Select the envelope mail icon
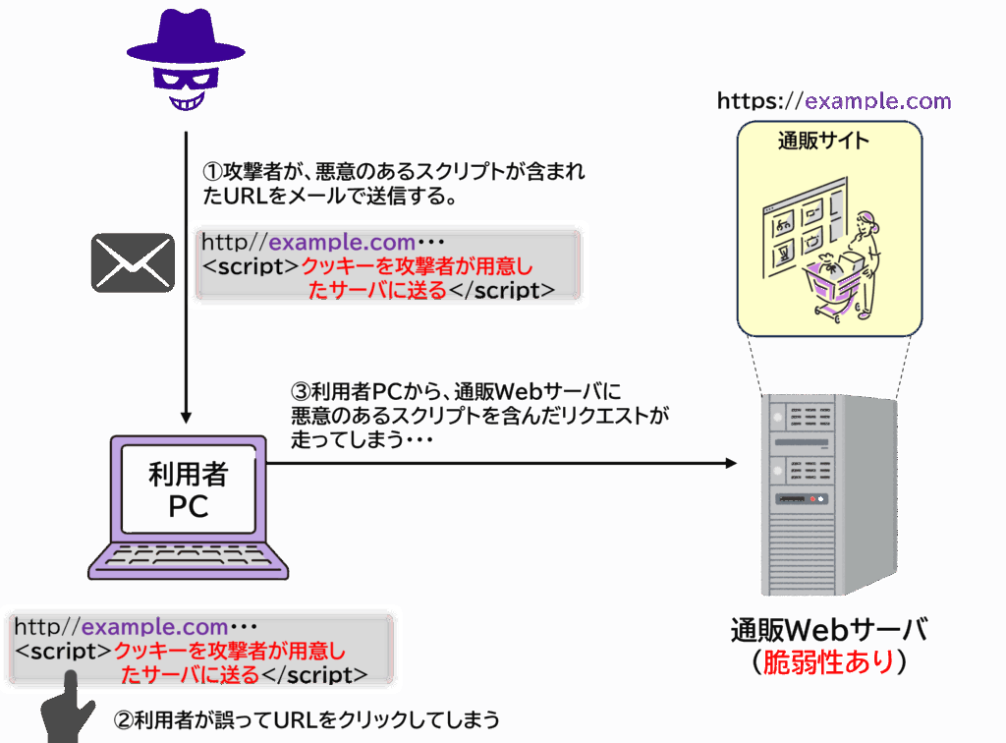pyautogui.click(x=133, y=262)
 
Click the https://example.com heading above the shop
pyautogui.click(x=834, y=101)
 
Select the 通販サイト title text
pyautogui.click(x=823, y=141)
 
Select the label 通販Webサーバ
pyautogui.click(x=829, y=630)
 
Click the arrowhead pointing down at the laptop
pyautogui.click(x=186, y=417)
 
